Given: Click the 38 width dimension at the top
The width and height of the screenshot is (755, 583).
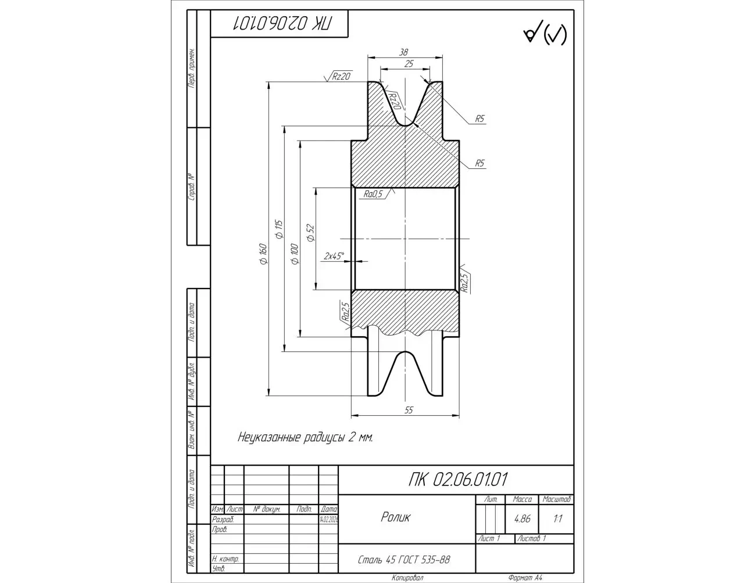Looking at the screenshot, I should coord(403,52).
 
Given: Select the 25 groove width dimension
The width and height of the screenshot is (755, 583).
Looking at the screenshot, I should coord(409,64).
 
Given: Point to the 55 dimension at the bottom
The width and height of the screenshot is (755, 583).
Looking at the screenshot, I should coord(408,410).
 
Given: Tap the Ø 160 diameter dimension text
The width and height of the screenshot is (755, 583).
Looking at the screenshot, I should coord(263,254).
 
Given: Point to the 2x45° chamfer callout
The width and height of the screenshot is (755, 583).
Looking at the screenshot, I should coord(334,255).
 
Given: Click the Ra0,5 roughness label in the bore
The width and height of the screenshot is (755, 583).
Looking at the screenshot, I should coord(373,195).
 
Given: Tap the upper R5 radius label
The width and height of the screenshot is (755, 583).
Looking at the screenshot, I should coord(480,119).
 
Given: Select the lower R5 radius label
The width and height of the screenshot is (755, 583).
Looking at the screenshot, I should coord(480,163).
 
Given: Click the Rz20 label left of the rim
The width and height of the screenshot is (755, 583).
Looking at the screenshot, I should coord(341,76).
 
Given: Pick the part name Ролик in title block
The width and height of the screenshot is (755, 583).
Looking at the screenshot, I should coord(395,517).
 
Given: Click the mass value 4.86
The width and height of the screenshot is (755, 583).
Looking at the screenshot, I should coord(522,519).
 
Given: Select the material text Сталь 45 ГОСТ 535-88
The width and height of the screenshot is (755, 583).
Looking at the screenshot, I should coord(404,560).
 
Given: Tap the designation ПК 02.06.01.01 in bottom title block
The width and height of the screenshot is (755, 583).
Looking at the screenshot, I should coord(458,480).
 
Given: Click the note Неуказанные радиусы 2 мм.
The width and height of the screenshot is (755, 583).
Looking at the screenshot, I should coord(305,437).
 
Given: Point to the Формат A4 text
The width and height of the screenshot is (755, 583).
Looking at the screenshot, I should coord(524,578).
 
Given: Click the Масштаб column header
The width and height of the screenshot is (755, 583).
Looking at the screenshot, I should coord(556,499).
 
